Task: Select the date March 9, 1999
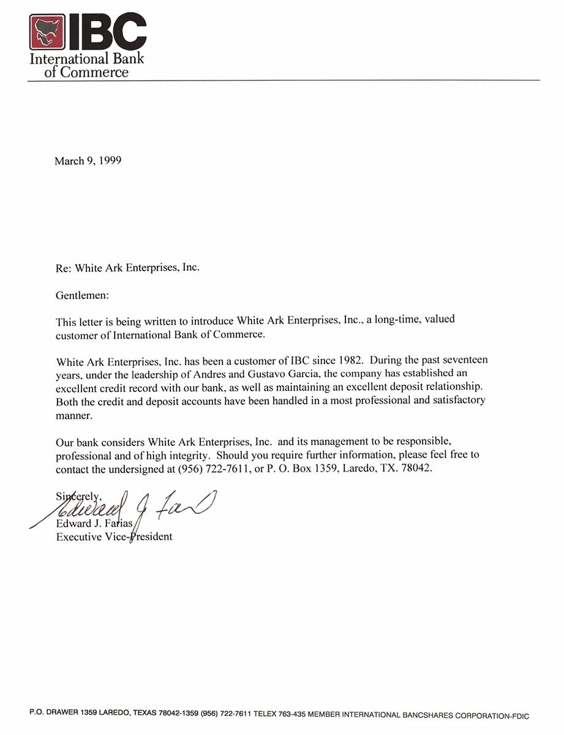click(88, 161)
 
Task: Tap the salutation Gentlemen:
click(82, 295)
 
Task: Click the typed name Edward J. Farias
click(96, 523)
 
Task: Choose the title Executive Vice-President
click(114, 537)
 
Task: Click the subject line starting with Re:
click(127, 268)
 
